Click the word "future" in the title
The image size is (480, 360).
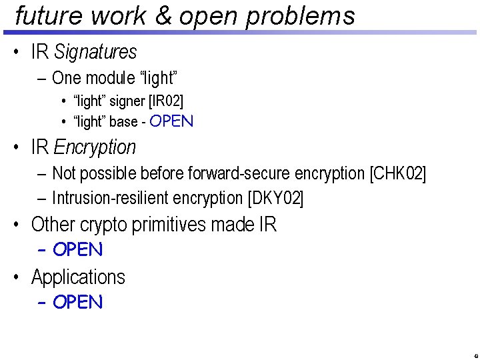[48, 16]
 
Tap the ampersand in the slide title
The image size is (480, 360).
[163, 16]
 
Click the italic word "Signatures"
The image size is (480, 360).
[95, 52]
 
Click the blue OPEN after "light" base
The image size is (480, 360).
[171, 121]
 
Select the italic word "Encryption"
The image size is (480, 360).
[95, 147]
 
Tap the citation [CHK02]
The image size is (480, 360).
[397, 174]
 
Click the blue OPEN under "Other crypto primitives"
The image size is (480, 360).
[78, 250]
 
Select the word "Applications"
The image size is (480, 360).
[78, 277]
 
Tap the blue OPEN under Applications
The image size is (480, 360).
[78, 302]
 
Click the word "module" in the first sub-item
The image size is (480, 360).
[111, 78]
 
